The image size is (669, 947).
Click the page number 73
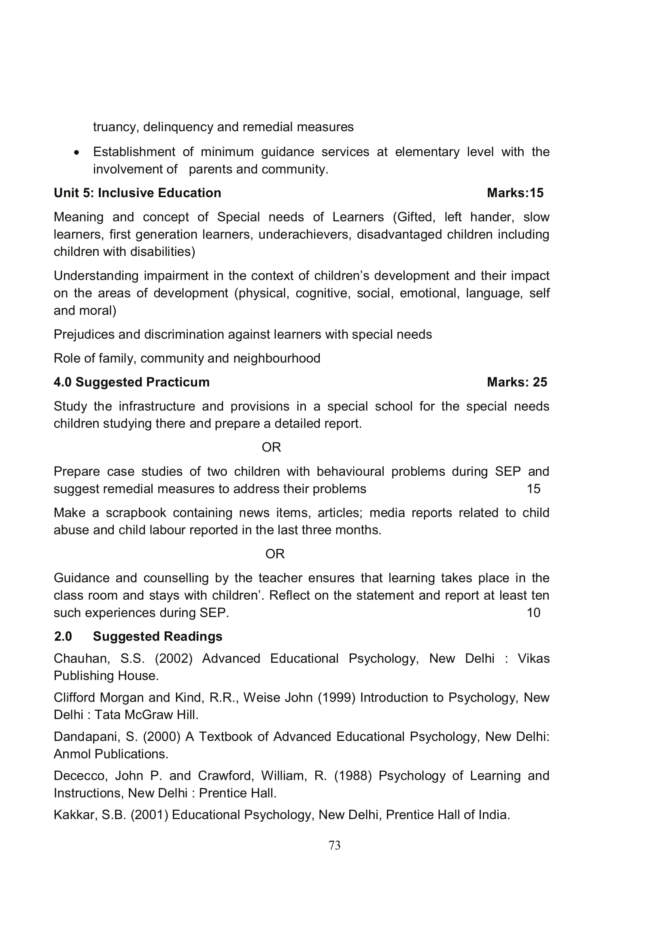coord(334,845)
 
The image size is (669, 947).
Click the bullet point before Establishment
coord(76,153)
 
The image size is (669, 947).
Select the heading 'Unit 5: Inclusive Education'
coord(137,193)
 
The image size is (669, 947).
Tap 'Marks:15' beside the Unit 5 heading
coord(515,193)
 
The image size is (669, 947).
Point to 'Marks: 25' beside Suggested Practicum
coord(516,382)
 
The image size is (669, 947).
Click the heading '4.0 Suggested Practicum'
coord(132,382)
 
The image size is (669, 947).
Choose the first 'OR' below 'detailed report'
coord(271,447)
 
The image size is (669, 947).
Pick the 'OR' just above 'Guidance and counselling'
coord(275,554)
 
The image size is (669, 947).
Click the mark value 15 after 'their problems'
coord(533,489)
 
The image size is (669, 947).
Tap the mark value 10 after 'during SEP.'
coord(533,613)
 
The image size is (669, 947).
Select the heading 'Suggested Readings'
coord(157,636)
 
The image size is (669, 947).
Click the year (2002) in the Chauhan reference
coord(174,659)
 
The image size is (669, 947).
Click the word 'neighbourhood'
coord(276,358)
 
